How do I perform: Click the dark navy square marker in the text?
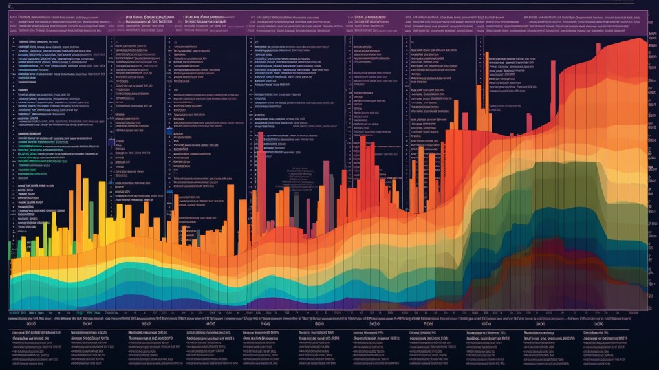[x=111, y=142]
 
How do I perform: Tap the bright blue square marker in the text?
[x=169, y=131]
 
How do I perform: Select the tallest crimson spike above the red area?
[x=529, y=123]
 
